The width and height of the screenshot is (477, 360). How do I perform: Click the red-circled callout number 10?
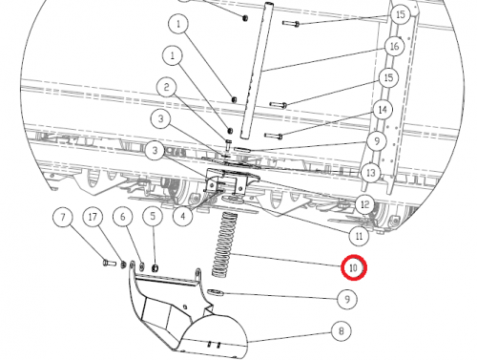pos(354,267)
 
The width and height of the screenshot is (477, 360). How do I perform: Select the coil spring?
pos(225,244)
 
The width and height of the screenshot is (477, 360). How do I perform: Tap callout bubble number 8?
pos(342,331)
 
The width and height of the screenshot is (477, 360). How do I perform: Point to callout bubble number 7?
pos(63,218)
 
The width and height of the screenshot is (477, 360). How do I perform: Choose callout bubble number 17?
pos(93,218)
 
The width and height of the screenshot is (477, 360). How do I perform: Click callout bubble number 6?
pos(123,217)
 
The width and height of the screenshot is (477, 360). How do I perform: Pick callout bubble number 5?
pos(153,217)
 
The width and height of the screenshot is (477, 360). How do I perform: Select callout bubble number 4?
pos(182,216)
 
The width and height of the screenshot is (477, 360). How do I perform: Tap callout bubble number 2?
pos(167,87)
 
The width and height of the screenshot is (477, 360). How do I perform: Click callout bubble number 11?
pos(359,236)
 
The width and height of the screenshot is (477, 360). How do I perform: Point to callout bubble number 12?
pos(365,204)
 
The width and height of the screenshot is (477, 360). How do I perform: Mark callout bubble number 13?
pos(371,173)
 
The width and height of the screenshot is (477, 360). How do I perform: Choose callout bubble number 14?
pos(383,110)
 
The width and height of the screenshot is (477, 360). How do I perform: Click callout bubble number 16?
pos(394,47)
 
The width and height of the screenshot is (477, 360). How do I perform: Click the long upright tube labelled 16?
pos(256,70)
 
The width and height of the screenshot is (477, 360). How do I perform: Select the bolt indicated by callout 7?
pos(110,264)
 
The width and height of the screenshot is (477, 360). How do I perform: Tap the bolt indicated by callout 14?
pos(274,137)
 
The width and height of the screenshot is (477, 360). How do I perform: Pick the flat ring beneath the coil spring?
pos(215,292)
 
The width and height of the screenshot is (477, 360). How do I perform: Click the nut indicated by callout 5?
pos(155,268)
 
